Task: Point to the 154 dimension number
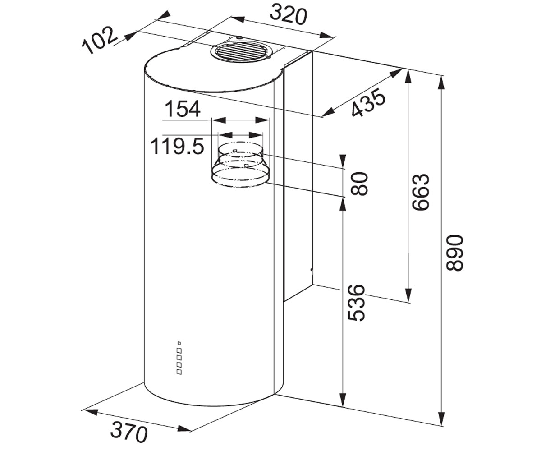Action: [x=183, y=109]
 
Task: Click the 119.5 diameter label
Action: [x=178, y=147]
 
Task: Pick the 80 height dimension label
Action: [x=359, y=184]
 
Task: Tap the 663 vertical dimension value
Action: [x=421, y=192]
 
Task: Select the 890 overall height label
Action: [x=455, y=253]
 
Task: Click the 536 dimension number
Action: [x=356, y=303]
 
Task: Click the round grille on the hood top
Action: [x=240, y=55]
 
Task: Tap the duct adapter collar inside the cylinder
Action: [x=240, y=164]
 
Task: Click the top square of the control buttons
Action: [x=179, y=343]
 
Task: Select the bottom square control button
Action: [x=179, y=372]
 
